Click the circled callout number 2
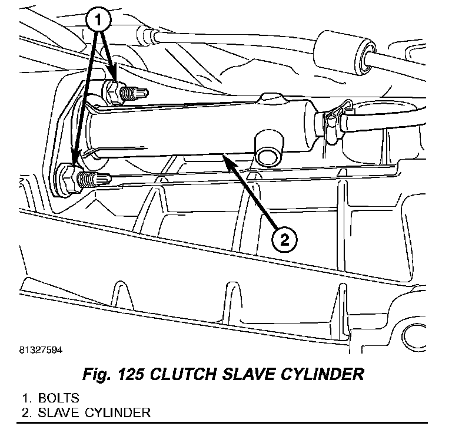283,239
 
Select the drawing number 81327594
36,349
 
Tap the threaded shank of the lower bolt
91,178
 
